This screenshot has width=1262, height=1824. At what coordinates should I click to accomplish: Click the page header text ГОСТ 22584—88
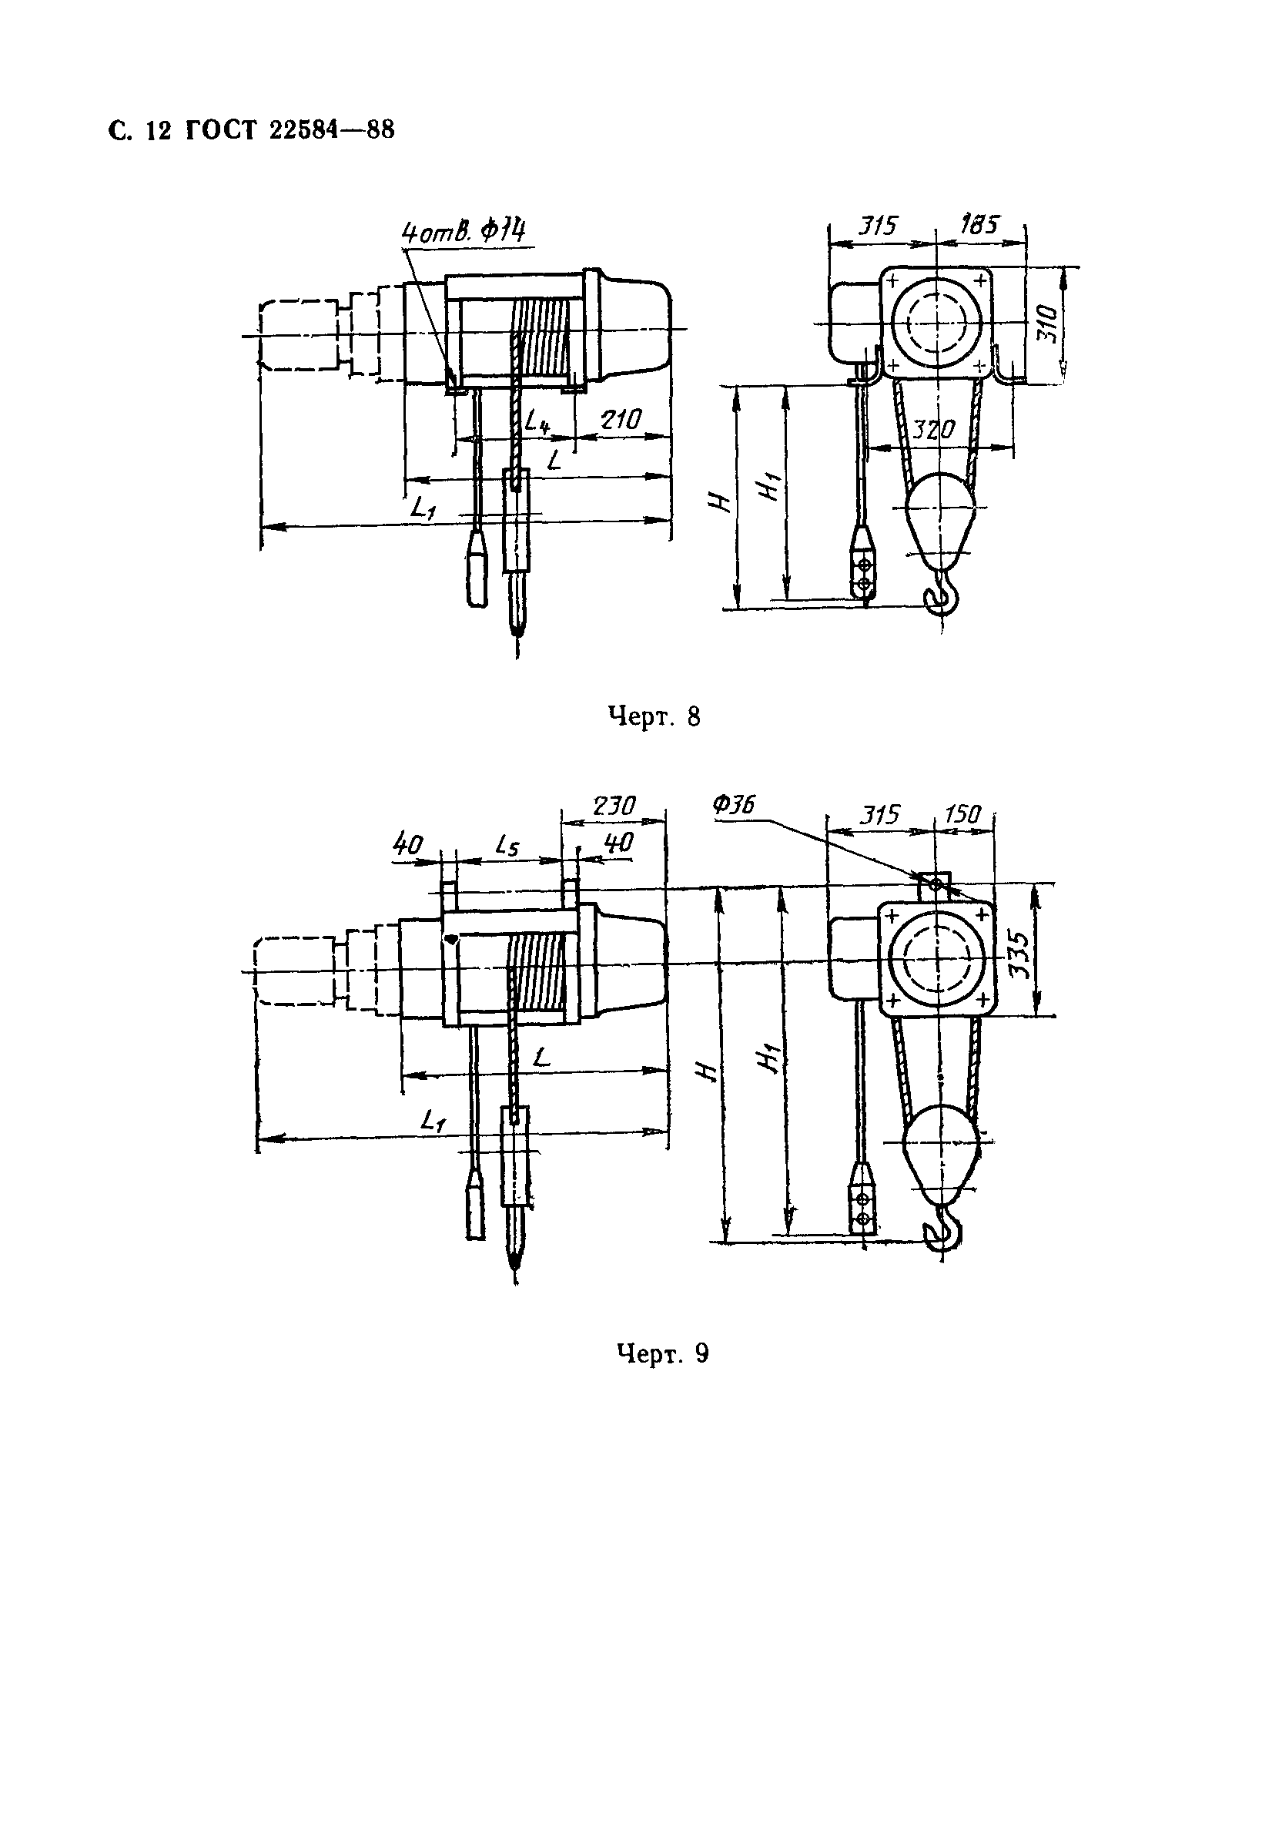point(290,129)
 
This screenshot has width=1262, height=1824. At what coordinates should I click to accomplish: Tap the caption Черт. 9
point(662,1353)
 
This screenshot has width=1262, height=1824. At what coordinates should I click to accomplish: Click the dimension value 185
point(979,225)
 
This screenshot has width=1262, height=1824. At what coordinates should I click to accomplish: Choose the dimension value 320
point(934,431)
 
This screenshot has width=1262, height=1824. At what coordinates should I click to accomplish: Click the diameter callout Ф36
point(734,805)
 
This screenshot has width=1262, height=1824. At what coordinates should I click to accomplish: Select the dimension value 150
point(962,814)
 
